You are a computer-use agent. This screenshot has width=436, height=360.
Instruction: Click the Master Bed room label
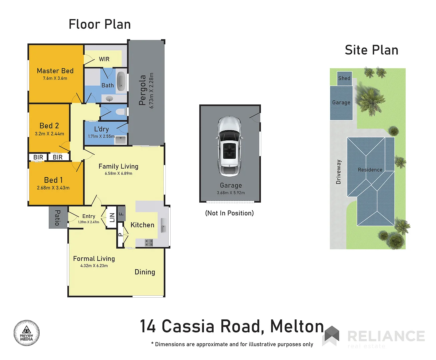click(55, 71)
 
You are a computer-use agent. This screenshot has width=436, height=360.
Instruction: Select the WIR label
click(104, 59)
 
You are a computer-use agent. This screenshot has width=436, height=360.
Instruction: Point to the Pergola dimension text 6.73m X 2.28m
click(152, 91)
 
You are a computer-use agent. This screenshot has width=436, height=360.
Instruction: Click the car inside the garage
click(229, 146)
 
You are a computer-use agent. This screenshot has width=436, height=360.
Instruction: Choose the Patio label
click(57, 218)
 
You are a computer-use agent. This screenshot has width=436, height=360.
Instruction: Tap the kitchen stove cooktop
click(149, 243)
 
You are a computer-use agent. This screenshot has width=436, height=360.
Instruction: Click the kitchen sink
click(163, 225)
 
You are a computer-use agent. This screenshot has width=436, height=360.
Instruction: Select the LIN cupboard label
click(112, 218)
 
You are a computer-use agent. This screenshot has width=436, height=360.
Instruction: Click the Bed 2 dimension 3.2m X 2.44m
click(49, 134)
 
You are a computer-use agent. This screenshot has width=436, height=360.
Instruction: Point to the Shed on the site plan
click(344, 78)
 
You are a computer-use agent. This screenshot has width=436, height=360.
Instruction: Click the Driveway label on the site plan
click(339, 172)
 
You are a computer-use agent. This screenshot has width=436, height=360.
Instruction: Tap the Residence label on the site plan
click(370, 170)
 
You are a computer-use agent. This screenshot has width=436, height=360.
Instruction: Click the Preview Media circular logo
click(27, 333)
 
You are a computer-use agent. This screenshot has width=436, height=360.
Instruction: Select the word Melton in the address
click(297, 326)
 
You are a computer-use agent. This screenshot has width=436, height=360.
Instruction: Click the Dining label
click(145, 272)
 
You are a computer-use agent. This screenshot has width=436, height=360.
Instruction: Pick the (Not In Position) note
click(229, 213)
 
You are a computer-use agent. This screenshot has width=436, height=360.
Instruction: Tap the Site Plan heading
click(371, 50)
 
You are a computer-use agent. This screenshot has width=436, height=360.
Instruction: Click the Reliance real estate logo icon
click(331, 335)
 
